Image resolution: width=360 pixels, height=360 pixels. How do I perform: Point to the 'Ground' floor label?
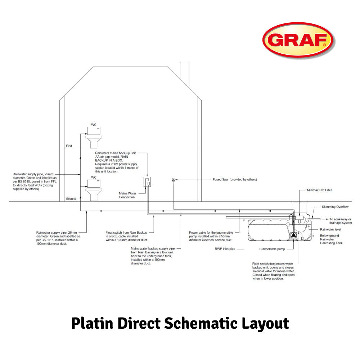pyautogui.click(x=71, y=199)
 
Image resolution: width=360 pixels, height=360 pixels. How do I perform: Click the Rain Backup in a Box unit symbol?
pyautogui.click(x=147, y=182)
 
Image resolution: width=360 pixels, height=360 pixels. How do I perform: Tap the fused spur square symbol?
pyautogui.click(x=174, y=180)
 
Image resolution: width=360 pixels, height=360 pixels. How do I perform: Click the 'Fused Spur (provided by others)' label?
pyautogui.click(x=234, y=179)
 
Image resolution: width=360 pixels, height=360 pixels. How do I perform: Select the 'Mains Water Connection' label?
pyautogui.click(x=127, y=195)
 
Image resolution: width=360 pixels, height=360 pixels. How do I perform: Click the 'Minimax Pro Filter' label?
pyautogui.click(x=319, y=190)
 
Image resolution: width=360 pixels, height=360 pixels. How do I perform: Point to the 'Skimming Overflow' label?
pyautogui.click(x=329, y=207)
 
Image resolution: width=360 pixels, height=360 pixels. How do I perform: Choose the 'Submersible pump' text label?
pyautogui.click(x=272, y=249)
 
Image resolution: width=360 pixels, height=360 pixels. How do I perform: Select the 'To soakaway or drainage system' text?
pyautogui.click(x=340, y=221)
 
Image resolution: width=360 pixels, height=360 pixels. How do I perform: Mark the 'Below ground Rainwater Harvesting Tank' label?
pyautogui.click(x=332, y=239)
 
